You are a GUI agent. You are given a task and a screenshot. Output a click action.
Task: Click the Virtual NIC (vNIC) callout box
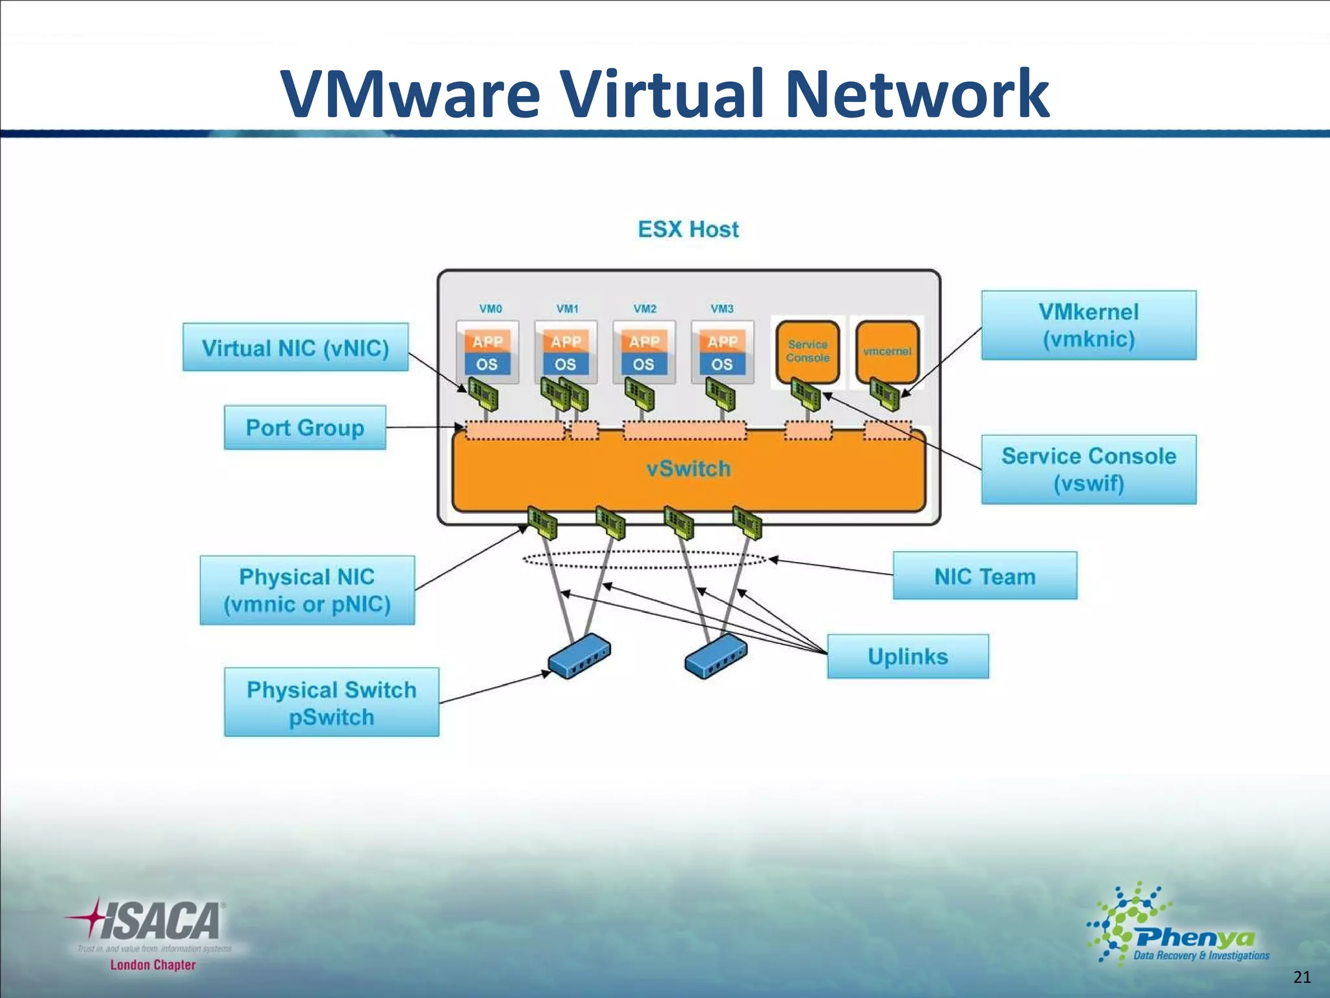pos(295,348)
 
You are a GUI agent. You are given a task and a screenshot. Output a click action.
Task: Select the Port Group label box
pos(305,428)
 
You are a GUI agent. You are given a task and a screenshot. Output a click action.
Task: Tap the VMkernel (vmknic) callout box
pos(1088,325)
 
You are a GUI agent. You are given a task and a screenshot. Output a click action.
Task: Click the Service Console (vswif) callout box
pos(1088,469)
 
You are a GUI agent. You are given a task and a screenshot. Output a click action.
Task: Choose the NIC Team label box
pos(985,576)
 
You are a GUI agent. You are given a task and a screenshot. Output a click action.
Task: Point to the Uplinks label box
pos(907,656)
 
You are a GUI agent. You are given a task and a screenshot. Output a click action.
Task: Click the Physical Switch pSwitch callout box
pos(331,702)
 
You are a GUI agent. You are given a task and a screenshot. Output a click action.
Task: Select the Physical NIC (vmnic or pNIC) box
pos(307,590)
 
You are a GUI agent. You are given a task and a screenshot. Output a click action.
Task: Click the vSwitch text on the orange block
pos(688,468)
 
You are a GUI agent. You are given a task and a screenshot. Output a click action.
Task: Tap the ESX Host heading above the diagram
pos(688,229)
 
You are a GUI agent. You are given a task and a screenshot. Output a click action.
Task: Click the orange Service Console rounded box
pos(807,351)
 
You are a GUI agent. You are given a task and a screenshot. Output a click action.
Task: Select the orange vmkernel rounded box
pos(887,351)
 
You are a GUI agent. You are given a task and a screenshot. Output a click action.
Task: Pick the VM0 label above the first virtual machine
pos(490,309)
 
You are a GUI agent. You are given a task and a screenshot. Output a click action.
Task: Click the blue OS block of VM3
pos(721,365)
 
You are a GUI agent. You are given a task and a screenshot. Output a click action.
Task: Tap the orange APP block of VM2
pos(644,341)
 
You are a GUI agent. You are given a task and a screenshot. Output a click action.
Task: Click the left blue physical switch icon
pos(579,656)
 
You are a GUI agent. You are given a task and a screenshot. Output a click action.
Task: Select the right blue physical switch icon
pos(716,656)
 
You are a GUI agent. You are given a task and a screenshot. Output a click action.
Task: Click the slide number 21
pos(1301,977)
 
